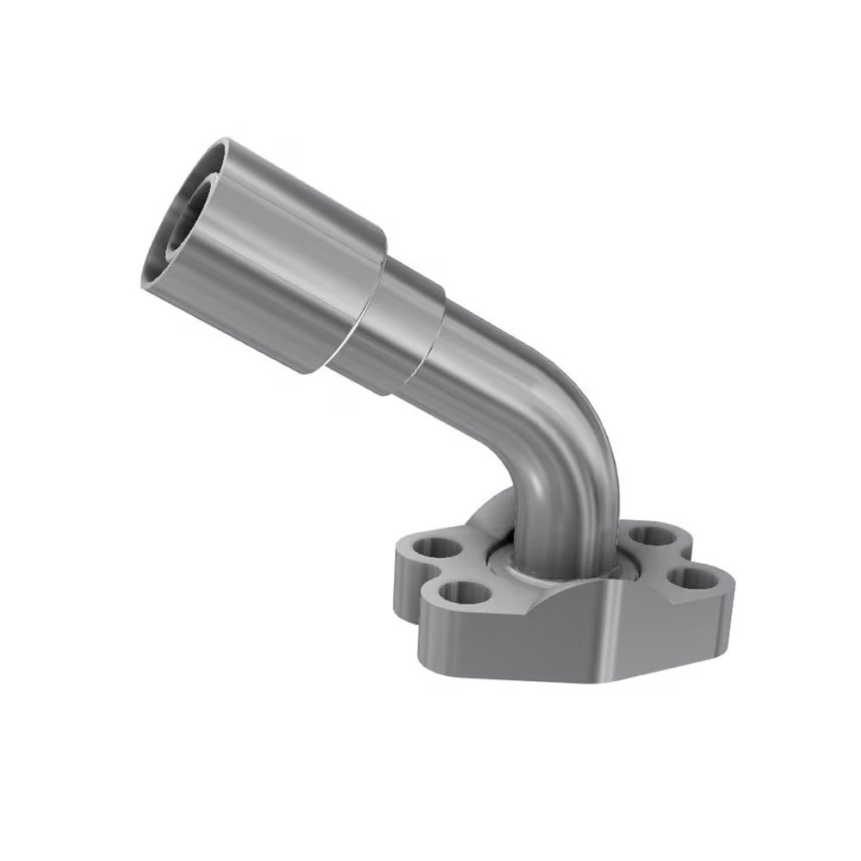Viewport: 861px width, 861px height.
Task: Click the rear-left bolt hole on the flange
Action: click(430, 546)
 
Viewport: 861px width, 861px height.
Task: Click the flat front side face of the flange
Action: click(517, 641)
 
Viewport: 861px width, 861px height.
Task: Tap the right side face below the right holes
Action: click(680, 629)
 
